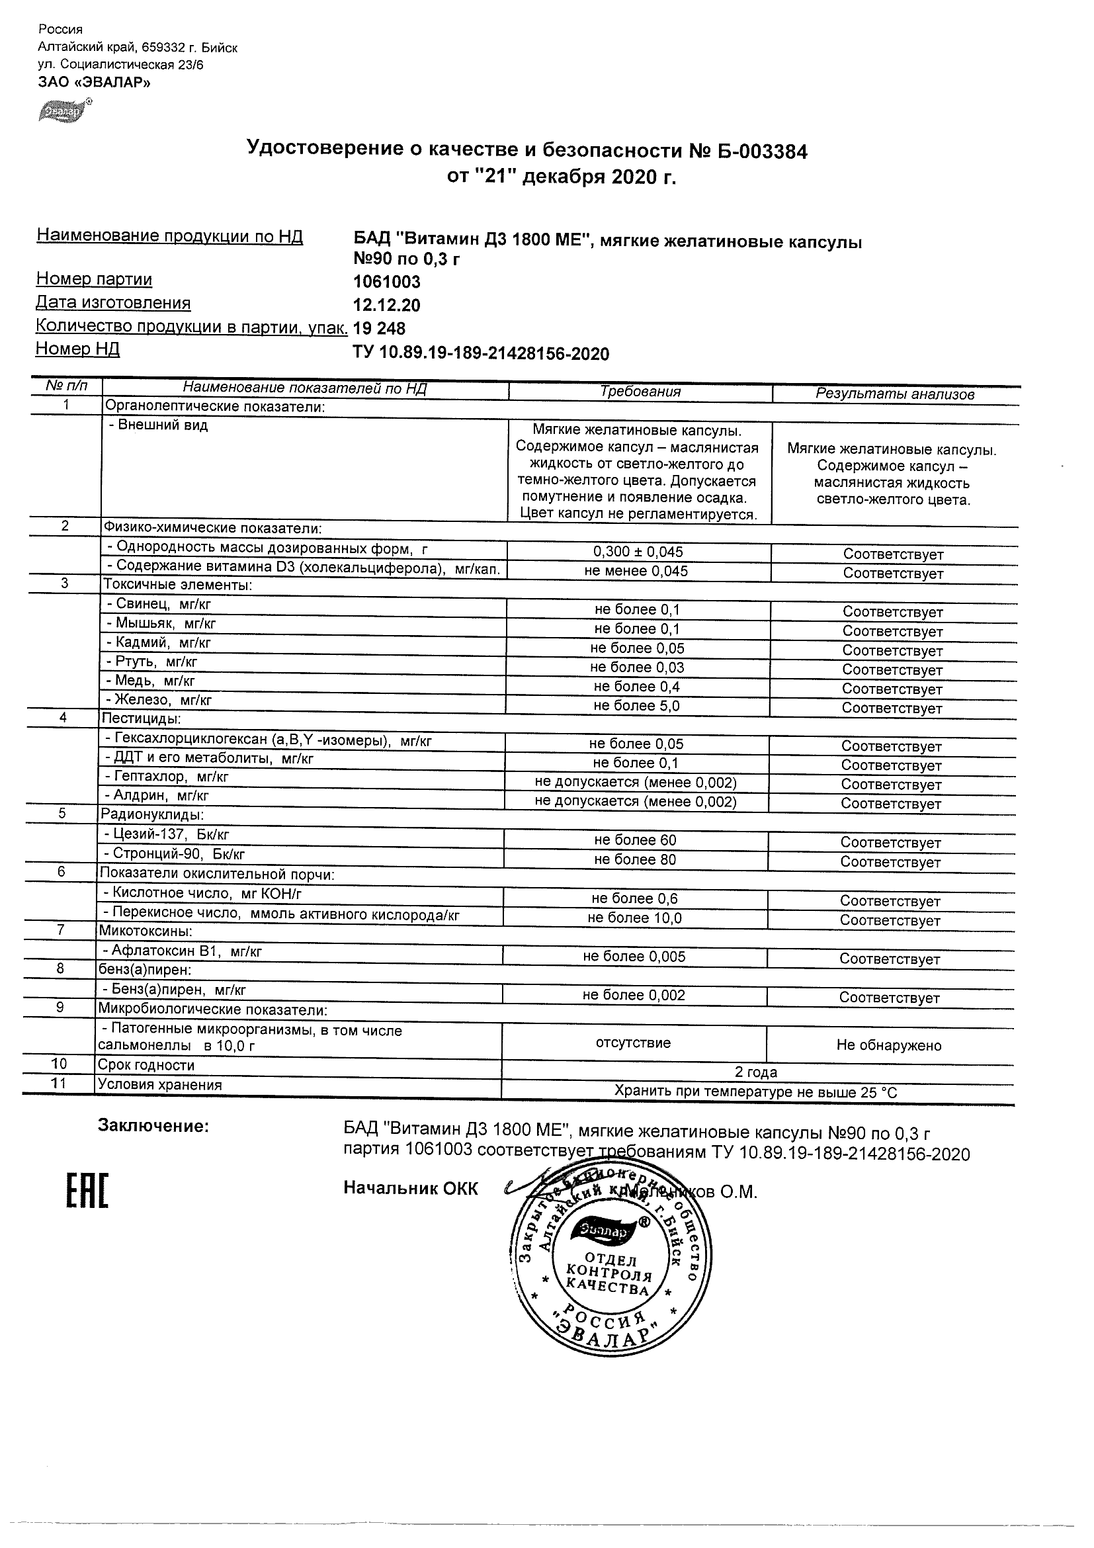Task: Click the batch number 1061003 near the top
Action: click(387, 282)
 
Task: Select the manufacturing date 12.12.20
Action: click(386, 306)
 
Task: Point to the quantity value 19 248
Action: click(380, 329)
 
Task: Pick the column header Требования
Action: click(640, 392)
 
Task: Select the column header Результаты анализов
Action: click(894, 394)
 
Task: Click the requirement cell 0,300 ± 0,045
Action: click(638, 552)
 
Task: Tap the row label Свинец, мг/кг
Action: click(159, 604)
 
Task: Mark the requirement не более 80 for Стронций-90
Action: click(635, 859)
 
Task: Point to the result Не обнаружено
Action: click(888, 1045)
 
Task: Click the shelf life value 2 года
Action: click(755, 1072)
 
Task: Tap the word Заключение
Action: click(153, 1125)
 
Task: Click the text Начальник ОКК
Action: click(411, 1188)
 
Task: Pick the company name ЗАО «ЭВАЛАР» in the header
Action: click(95, 82)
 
